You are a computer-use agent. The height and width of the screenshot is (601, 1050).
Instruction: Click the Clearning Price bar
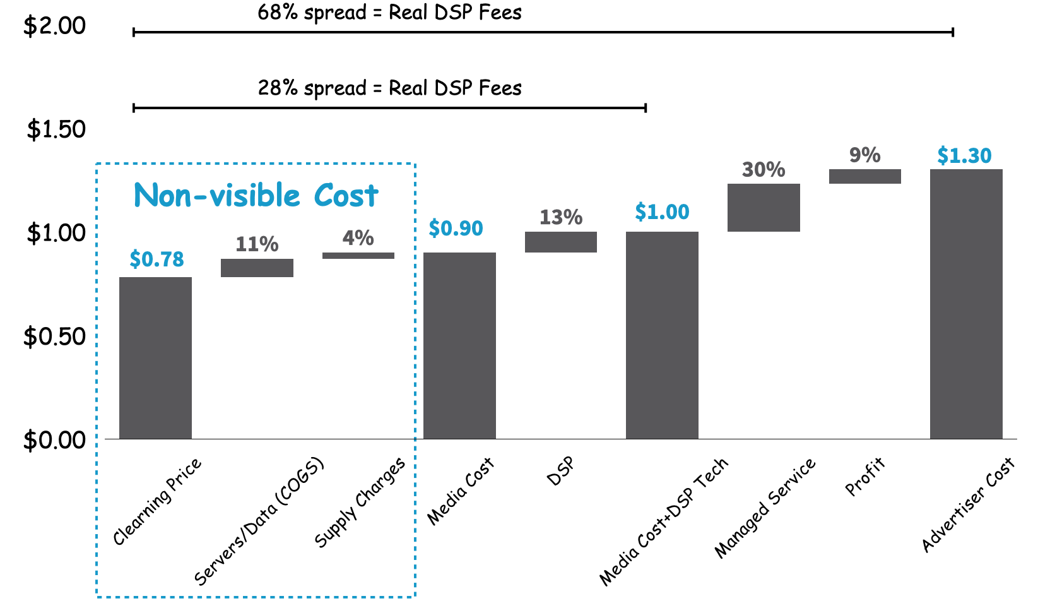tap(155, 358)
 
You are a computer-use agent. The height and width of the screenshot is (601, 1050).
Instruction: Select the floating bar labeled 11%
tap(257, 268)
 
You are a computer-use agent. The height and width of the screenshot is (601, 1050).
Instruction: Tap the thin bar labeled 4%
tap(358, 256)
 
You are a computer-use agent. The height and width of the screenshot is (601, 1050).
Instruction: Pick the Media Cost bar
tap(459, 345)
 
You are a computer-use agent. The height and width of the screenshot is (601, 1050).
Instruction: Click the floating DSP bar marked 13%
tap(561, 242)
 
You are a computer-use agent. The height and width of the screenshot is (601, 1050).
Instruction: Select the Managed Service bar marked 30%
tap(764, 208)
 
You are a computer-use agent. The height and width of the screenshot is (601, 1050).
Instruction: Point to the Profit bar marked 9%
tap(864, 176)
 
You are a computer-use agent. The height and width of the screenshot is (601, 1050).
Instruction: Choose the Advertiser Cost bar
tap(966, 304)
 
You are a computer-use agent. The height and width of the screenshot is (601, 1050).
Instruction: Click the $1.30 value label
tap(964, 155)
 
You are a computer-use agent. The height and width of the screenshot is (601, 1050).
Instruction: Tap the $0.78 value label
tap(156, 259)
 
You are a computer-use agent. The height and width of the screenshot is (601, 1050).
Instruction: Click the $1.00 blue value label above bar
tap(662, 212)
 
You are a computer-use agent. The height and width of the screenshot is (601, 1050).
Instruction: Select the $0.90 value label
tap(456, 228)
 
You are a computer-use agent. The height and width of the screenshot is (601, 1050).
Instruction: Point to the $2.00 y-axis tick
tap(54, 26)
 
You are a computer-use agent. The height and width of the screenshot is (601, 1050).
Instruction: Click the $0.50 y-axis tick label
tap(54, 336)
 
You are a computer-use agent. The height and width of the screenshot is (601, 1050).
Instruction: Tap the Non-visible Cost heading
tap(256, 195)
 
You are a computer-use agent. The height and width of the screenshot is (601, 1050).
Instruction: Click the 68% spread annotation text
tap(389, 13)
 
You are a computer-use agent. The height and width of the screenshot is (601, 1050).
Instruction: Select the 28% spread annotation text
tap(389, 88)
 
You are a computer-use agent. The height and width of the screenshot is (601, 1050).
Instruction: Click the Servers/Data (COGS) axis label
tap(259, 521)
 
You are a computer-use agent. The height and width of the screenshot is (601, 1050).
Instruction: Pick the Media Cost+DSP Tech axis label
tap(664, 521)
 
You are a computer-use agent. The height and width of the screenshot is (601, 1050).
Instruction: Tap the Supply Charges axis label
tap(360, 503)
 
